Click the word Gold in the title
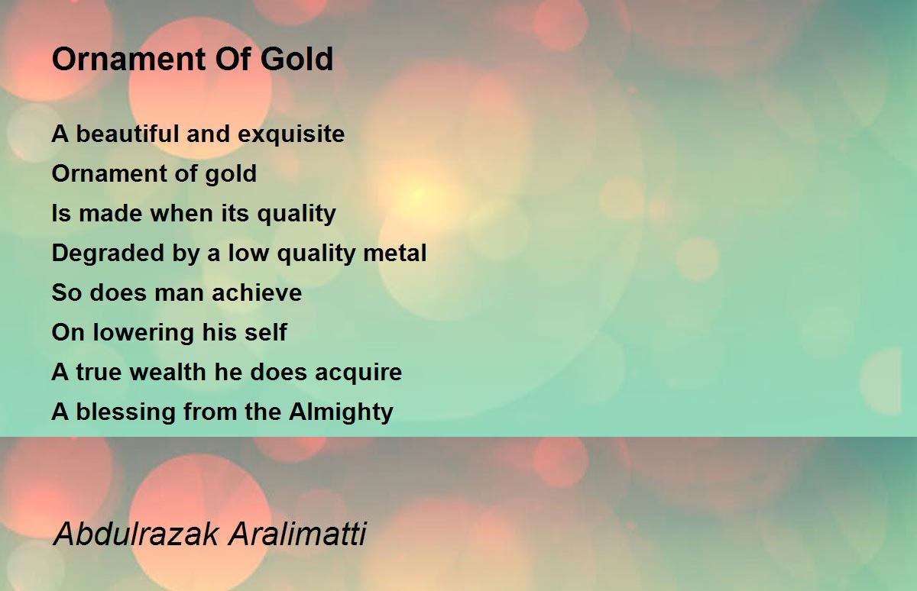[296, 59]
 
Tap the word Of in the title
[232, 59]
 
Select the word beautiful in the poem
[128, 134]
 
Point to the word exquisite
[291, 134]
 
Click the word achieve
[257, 293]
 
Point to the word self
[266, 332]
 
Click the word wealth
[168, 372]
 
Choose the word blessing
[125, 412]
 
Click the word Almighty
[341, 412]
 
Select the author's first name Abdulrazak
[135, 534]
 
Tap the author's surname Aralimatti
[297, 534]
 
